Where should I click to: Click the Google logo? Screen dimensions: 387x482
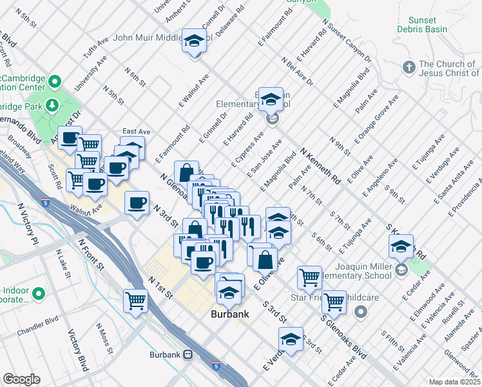pos(21,379)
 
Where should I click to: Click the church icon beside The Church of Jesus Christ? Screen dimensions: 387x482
pos(409,68)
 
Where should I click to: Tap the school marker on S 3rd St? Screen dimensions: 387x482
pos(291,339)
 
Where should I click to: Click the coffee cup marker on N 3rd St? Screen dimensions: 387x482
pos(137,203)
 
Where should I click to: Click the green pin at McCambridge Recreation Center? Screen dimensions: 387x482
pos(55,82)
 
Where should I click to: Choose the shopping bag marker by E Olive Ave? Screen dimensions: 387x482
pos(265,260)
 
